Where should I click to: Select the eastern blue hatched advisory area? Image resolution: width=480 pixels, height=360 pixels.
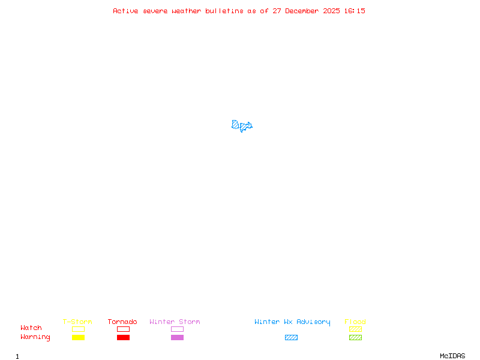pos(246,126)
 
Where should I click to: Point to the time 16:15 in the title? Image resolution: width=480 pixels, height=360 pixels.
pos(354,11)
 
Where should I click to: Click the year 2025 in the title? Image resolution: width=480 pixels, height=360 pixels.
pos(331,11)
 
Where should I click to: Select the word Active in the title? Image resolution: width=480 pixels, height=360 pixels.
pos(126,11)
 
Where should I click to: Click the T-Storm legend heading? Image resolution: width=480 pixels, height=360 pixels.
pos(77,322)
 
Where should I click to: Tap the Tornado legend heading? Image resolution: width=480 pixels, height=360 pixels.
pos(122,322)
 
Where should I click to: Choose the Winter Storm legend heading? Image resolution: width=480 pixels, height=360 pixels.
pos(175,322)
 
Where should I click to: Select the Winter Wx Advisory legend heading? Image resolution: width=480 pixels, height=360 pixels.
pos(292,322)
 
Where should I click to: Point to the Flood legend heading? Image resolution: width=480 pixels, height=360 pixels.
pos(355,322)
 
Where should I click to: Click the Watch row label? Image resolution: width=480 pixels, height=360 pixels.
pos(31,328)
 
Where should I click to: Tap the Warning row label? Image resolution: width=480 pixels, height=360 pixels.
pos(35,337)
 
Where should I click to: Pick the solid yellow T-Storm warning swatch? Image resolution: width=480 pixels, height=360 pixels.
pos(78,338)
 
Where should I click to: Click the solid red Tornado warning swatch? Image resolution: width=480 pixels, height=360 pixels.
pos(123,338)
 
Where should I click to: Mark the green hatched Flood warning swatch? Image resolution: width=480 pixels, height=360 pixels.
pos(355,338)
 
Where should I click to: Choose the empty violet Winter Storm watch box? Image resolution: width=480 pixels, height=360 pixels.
pos(177,329)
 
